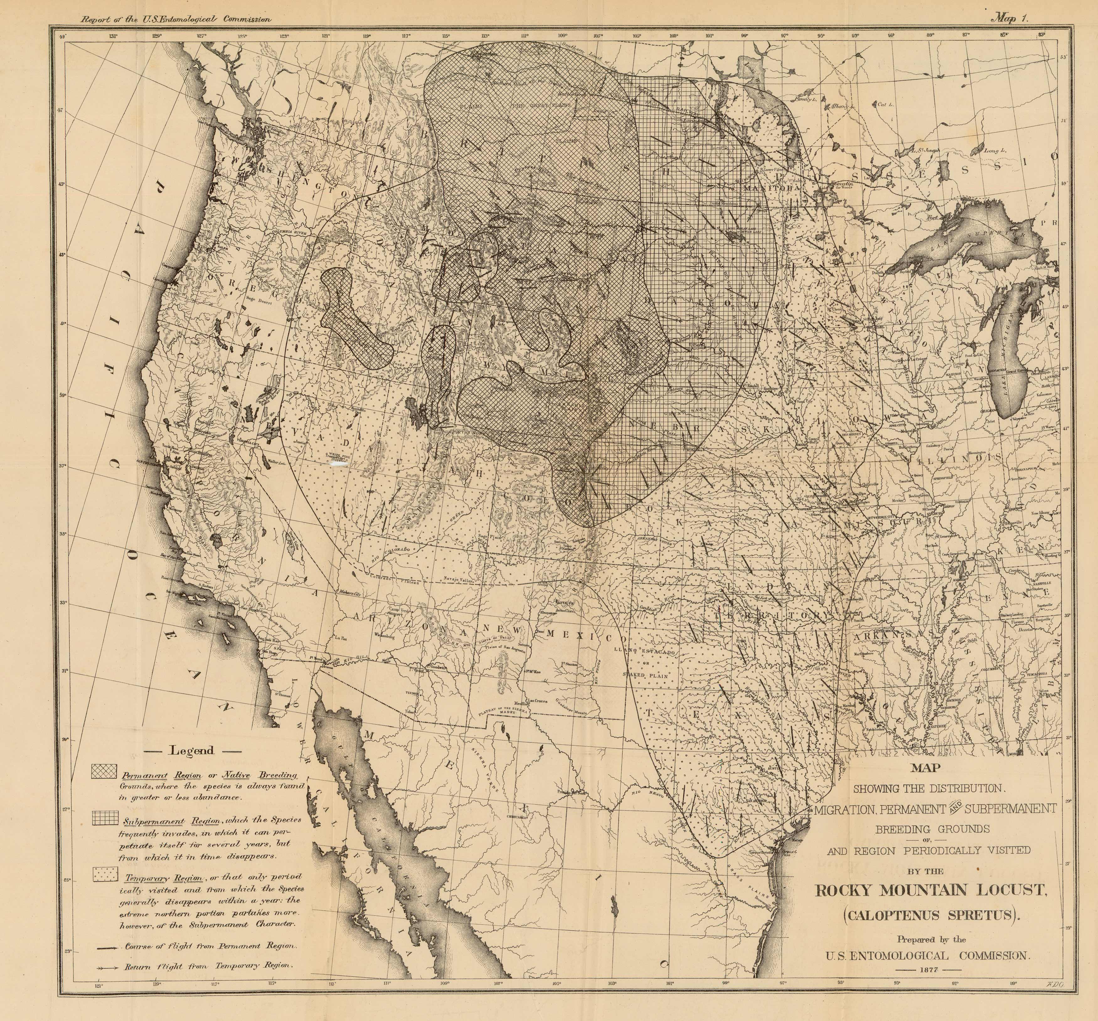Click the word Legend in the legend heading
[192, 750]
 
